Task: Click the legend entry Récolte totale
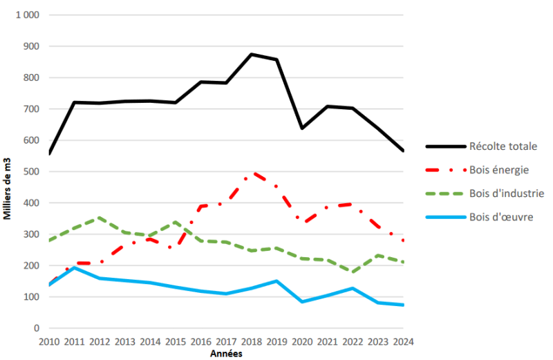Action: click(503, 146)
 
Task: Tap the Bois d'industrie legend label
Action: click(506, 193)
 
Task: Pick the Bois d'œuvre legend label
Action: click(501, 217)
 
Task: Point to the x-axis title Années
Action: click(226, 353)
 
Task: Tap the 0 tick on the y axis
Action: click(37, 328)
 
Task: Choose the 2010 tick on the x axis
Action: click(48, 341)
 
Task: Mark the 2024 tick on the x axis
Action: click(403, 341)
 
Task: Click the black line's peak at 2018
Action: click(251, 54)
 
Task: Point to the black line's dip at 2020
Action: click(302, 129)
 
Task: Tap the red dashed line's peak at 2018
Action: click(252, 173)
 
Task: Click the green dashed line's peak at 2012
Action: click(100, 218)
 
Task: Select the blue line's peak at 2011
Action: click(75, 267)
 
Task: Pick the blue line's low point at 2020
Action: click(302, 302)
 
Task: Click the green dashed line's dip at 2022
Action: click(353, 272)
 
